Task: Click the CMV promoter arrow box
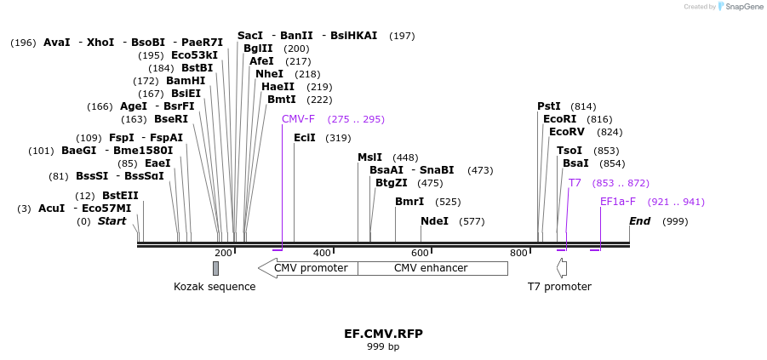coord(308,268)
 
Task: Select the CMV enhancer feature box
coord(431,268)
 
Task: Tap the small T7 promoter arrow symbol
coord(561,268)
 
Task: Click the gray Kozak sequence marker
coord(215,268)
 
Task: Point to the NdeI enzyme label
coord(434,221)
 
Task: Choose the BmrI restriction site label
coord(409,202)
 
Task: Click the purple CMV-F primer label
coord(298,119)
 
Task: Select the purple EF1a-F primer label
coord(617,202)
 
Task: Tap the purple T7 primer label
coord(575,183)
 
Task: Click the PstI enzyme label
coord(549,106)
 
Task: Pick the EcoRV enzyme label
coord(567,132)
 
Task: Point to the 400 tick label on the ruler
coord(322,253)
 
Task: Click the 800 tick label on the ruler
coord(518,253)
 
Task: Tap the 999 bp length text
coord(383,347)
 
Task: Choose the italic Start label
coord(112,221)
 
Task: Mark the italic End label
coord(640,221)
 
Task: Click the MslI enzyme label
coord(369,157)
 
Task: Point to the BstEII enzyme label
coord(120,196)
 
